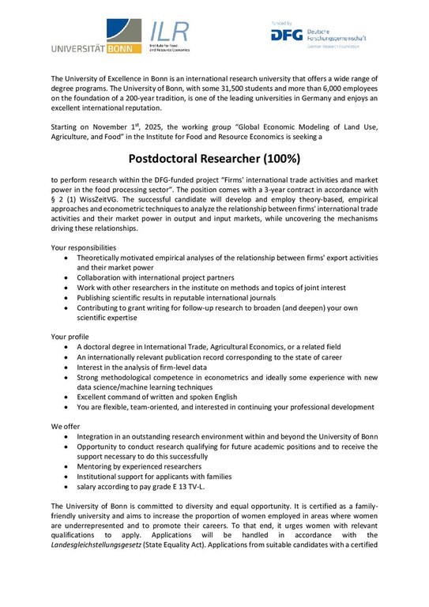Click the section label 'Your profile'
coord(72,336)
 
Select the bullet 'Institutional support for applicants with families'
coord(165,477)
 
